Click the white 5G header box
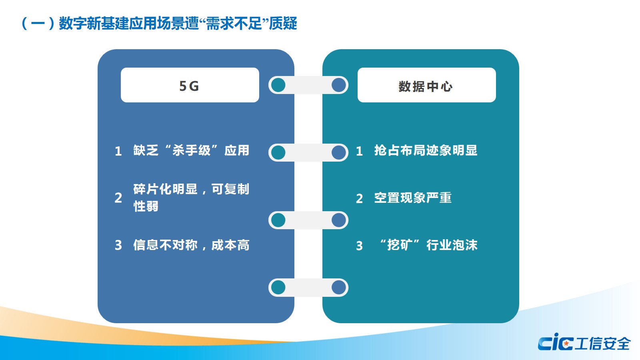click(x=190, y=85)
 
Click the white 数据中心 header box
click(x=426, y=85)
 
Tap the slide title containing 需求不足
click(x=159, y=23)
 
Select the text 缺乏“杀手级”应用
click(x=191, y=150)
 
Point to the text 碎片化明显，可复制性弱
click(x=191, y=198)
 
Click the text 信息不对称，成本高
click(x=191, y=245)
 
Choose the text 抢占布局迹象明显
click(x=426, y=150)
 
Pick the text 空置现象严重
click(x=413, y=198)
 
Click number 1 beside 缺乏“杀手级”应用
click(x=118, y=151)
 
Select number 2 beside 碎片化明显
click(x=118, y=198)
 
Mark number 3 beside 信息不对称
click(x=118, y=245)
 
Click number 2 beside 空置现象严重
click(x=360, y=198)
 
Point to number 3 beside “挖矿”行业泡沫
click(x=360, y=246)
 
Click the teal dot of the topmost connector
click(x=278, y=85)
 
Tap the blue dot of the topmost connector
click(x=339, y=85)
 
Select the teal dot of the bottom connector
click(x=278, y=287)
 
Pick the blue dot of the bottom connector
click(x=339, y=287)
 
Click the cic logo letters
click(x=556, y=342)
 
